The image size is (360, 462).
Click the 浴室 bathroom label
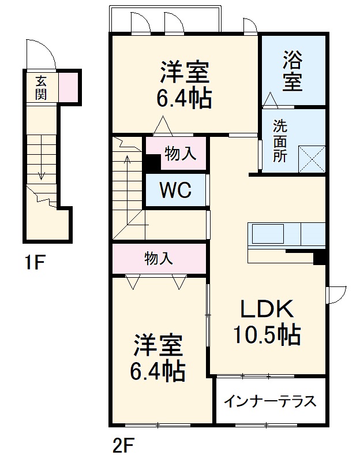click(x=292, y=70)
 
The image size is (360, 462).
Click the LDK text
click(x=267, y=311)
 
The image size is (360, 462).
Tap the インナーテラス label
click(x=270, y=401)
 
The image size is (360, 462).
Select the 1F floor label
click(x=34, y=263)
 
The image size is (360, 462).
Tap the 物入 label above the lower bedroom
click(x=159, y=258)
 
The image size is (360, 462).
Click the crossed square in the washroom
click(x=312, y=159)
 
